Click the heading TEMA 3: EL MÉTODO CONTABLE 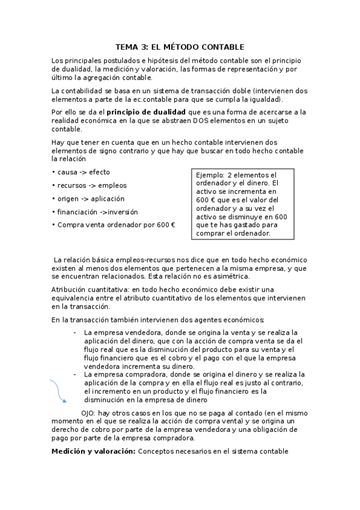click(x=180, y=47)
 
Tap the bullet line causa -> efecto click(x=76, y=172)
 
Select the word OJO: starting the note click(x=88, y=414)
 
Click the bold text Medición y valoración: click(x=93, y=451)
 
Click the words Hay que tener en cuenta click(x=90, y=142)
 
